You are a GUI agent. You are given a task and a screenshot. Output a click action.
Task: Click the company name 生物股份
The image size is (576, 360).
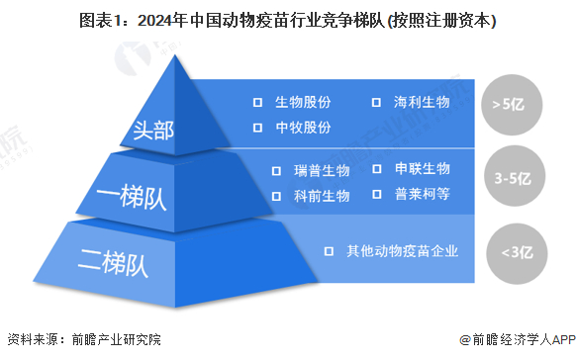[x=303, y=102]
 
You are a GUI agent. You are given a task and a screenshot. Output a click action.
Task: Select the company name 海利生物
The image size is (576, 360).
[x=422, y=102]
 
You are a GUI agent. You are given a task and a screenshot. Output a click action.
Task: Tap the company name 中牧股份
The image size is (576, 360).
[x=303, y=128]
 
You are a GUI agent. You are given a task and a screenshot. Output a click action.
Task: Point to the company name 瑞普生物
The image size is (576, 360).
[x=322, y=171]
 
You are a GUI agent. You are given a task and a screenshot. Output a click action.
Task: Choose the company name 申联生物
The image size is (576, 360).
[x=423, y=168]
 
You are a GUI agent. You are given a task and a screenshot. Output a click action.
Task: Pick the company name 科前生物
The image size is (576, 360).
[x=322, y=196]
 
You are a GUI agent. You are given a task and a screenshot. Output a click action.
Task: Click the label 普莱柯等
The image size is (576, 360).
[x=423, y=194]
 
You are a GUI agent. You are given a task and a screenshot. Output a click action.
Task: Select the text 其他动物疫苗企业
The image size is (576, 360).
[x=402, y=251]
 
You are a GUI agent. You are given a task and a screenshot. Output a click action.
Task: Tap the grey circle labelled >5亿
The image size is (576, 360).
[x=512, y=105]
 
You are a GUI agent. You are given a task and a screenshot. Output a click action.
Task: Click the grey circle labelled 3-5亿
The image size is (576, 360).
[x=515, y=175]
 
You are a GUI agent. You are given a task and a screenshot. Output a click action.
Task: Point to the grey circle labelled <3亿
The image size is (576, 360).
[x=517, y=254]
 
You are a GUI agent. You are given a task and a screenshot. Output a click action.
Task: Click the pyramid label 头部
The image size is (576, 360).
[x=153, y=130]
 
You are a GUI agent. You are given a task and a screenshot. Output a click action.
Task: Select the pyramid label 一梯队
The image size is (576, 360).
[x=132, y=197]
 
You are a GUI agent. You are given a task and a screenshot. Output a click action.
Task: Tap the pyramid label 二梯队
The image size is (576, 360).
[x=113, y=263]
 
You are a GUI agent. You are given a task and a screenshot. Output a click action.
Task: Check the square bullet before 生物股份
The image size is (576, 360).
[x=257, y=103]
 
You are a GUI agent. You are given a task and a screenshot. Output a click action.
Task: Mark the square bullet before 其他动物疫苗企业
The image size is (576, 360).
[x=329, y=251]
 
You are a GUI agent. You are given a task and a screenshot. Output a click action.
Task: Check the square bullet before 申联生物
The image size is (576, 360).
[x=377, y=169]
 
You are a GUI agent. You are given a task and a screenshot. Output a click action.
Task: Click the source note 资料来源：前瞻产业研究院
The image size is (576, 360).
[x=84, y=339]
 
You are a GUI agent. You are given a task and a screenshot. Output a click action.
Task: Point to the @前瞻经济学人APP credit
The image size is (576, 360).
[x=518, y=340]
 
